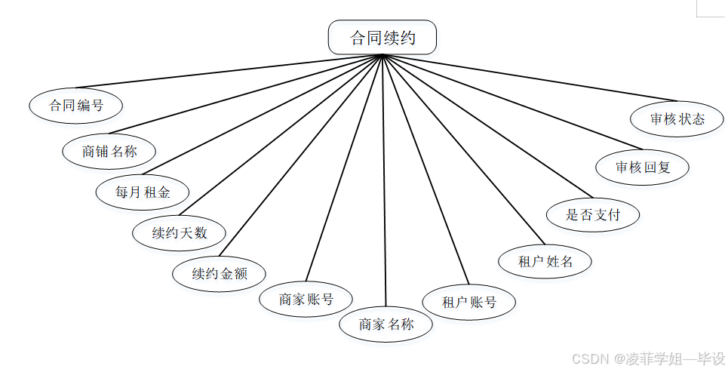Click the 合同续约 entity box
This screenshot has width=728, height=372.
pos(382,38)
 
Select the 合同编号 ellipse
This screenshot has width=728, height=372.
pos(76,106)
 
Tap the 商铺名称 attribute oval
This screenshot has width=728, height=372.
pos(109,150)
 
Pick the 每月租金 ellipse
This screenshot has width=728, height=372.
pos(143,192)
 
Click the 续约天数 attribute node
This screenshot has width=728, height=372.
pos(179,232)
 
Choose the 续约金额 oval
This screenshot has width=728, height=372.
pos(220,273)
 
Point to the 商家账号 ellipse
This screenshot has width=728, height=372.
pos(306,299)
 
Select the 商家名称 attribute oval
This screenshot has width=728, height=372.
pos(386,325)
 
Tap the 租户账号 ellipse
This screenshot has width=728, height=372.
pos(469,303)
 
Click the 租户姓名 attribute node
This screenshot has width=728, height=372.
pos(545,261)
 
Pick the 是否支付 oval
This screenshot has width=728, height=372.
pos(593,214)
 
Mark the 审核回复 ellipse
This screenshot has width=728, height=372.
pos(643,168)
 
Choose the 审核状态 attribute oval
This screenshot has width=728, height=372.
pos(677,119)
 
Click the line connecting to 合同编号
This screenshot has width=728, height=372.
pos(226,72)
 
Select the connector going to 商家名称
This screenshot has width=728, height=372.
pos(385,181)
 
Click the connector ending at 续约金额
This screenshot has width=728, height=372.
pos(302,155)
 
